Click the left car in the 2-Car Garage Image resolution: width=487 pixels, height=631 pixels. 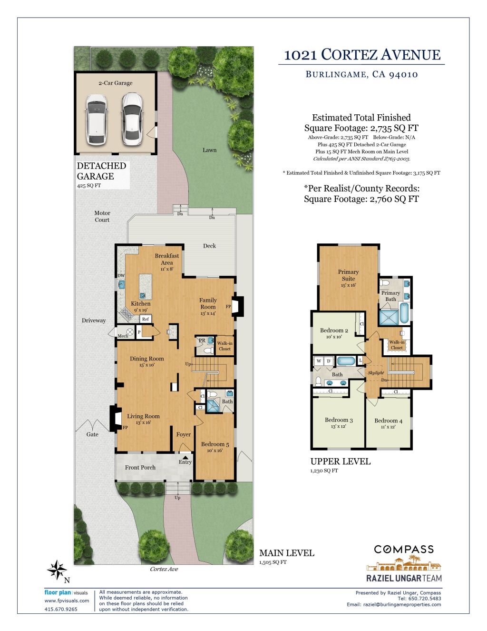[x=96, y=119]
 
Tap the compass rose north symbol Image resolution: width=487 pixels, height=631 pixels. [x=57, y=570]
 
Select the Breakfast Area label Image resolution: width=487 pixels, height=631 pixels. [x=167, y=259]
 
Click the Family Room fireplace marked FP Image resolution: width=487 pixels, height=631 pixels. [x=240, y=307]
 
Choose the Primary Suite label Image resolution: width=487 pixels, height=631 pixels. [x=348, y=275]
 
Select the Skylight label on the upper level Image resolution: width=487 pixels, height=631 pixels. [x=376, y=373]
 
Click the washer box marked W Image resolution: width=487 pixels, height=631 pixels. [x=319, y=361]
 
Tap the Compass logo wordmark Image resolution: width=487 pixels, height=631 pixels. [x=404, y=550]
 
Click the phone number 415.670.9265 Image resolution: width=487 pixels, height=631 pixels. [x=61, y=609]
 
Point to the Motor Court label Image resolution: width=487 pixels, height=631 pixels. [x=102, y=216]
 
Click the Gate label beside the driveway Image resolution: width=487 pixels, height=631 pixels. [x=92, y=434]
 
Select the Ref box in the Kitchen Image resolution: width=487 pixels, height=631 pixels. [x=146, y=319]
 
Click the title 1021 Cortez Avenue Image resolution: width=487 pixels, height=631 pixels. [x=362, y=55]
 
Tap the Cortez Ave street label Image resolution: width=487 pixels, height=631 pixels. [x=164, y=569]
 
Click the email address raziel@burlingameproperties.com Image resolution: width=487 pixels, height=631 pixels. [x=402, y=604]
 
